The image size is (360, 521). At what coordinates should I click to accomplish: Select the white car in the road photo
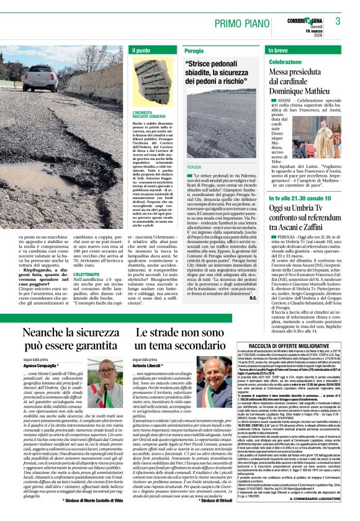(x=42, y=77)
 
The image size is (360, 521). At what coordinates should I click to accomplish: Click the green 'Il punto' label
(x=142, y=50)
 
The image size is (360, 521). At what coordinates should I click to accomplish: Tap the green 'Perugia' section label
(x=194, y=50)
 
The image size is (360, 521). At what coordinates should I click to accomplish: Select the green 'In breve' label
(x=279, y=50)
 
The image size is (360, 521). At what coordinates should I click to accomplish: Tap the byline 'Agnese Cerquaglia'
(x=44, y=366)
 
